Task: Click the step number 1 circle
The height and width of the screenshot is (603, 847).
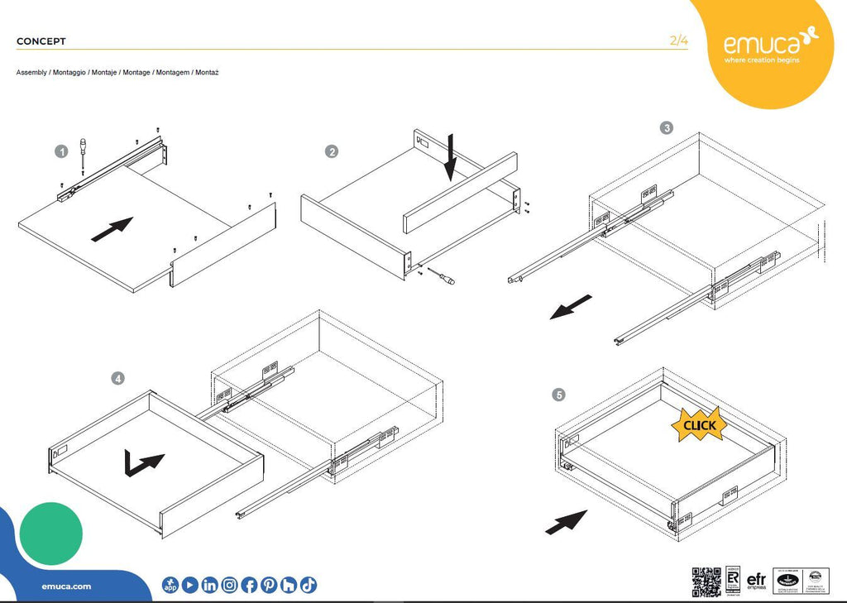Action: tap(61, 151)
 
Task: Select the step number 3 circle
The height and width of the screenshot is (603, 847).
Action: tap(667, 128)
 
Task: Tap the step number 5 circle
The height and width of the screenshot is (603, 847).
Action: tap(560, 395)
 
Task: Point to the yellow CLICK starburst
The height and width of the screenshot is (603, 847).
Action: tap(699, 425)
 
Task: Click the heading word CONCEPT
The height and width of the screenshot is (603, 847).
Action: tap(41, 41)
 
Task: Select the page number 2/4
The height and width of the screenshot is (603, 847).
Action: tap(678, 41)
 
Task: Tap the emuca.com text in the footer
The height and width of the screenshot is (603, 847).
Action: tap(66, 586)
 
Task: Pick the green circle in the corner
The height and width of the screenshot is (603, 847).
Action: tap(50, 534)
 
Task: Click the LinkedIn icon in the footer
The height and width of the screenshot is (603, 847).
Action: tap(209, 585)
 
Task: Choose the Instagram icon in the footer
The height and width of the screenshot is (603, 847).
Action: tap(229, 585)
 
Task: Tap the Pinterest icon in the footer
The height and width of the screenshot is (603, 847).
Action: tap(269, 585)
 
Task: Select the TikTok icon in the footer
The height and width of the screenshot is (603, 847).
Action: tap(309, 585)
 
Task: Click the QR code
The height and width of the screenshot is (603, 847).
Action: tap(706, 582)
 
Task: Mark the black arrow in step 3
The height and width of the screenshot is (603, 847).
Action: tap(571, 307)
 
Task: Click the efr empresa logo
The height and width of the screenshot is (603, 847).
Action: tap(755, 581)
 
